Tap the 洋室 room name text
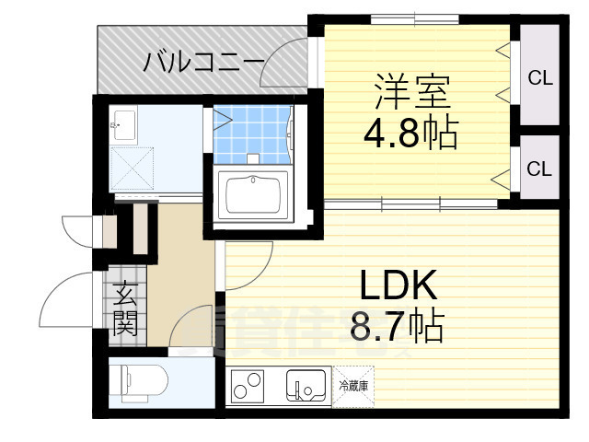point(411,92)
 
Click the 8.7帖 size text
point(397,325)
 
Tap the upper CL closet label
point(539,78)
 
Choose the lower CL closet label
point(539,169)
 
